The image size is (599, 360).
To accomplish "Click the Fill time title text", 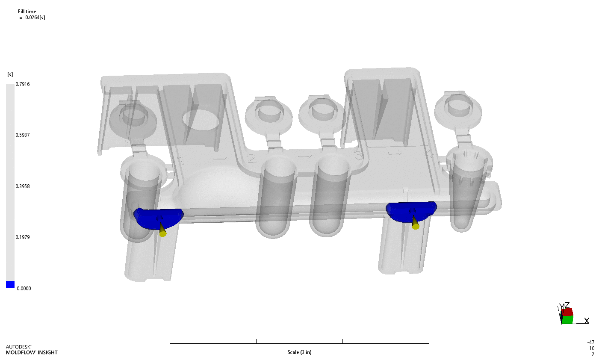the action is pos(27,12).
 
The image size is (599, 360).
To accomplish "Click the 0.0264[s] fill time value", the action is pos(35,18).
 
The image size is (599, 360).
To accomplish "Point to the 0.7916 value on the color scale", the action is pos(23,84).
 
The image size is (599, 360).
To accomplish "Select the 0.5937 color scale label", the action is pos(23,135).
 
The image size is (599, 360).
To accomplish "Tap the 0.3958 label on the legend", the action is pos(23,186).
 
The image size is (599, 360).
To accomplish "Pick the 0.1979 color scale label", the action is pos(23,237).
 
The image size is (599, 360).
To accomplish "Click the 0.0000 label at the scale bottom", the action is pos(24,289).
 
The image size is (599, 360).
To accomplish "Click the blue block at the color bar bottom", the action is pos(10,285).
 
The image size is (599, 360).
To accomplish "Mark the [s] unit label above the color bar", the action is pos(10,75).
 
